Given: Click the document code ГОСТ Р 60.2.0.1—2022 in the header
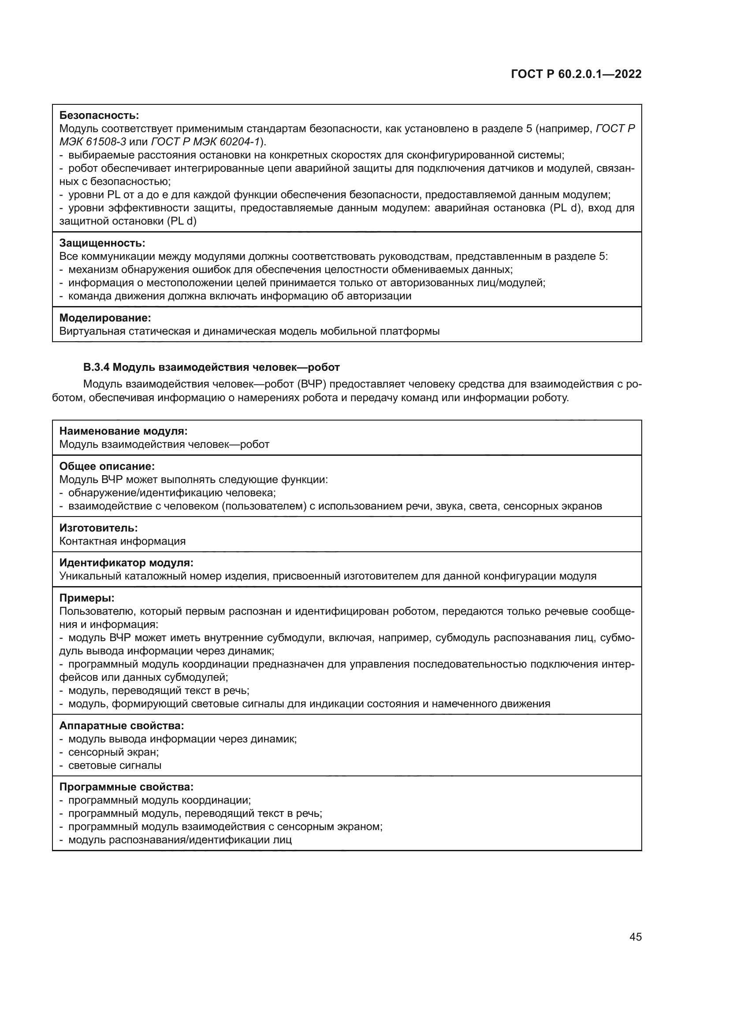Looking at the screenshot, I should tap(576, 74).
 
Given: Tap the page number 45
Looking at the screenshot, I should tap(635, 937).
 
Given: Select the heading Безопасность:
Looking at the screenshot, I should tap(99, 115).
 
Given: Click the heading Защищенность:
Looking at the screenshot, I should tap(102, 243).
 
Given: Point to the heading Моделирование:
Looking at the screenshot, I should tap(105, 318).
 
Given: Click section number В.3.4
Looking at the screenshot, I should tap(96, 367).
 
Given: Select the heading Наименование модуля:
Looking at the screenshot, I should tap(123, 431).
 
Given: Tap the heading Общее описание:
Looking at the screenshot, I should tap(107, 466).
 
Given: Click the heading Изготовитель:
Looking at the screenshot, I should tap(98, 528).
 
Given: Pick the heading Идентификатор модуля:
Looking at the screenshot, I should tap(126, 562).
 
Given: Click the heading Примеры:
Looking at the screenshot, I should tap(87, 598).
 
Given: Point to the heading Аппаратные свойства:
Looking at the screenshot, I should tap(122, 725).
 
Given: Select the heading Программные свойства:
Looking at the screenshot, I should tap(126, 787).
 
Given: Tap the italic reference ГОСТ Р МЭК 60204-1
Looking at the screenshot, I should tap(206, 142).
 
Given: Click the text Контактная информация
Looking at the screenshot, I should tap(122, 541).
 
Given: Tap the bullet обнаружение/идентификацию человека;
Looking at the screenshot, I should tap(171, 493).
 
